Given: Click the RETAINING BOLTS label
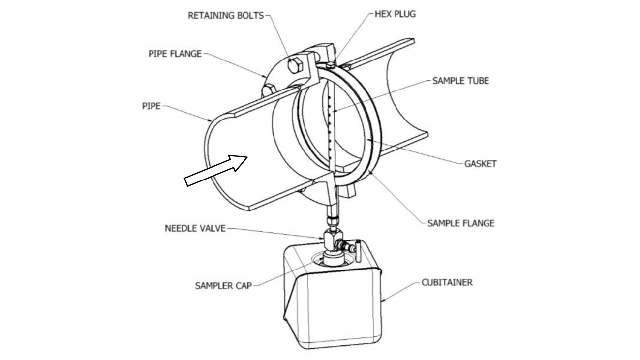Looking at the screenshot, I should point(226,15).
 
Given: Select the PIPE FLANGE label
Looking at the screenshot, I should point(175,54).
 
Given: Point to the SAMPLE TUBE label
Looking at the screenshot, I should point(460,81).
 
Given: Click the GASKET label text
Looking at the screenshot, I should point(481,164).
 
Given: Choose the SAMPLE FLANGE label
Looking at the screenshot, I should point(460,223).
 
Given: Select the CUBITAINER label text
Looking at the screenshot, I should point(447,283).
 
